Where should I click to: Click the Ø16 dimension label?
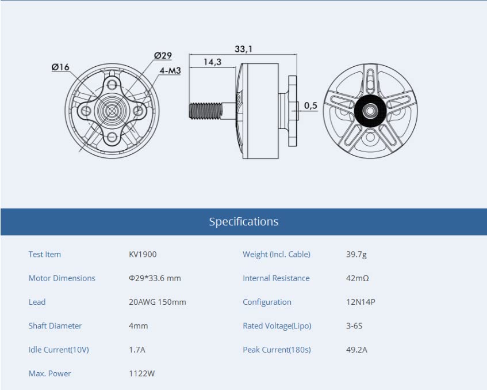coord(60,67)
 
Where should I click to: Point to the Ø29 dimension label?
coord(163,55)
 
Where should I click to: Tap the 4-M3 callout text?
coord(170,71)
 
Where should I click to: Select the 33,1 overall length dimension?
coord(244,49)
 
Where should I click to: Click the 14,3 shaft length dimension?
coord(212,62)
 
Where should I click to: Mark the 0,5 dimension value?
coord(310,105)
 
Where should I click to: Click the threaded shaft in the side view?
coord(206,111)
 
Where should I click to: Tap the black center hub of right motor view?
coord(370,111)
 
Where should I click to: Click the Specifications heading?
coord(244,222)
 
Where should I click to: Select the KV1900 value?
coord(143,254)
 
